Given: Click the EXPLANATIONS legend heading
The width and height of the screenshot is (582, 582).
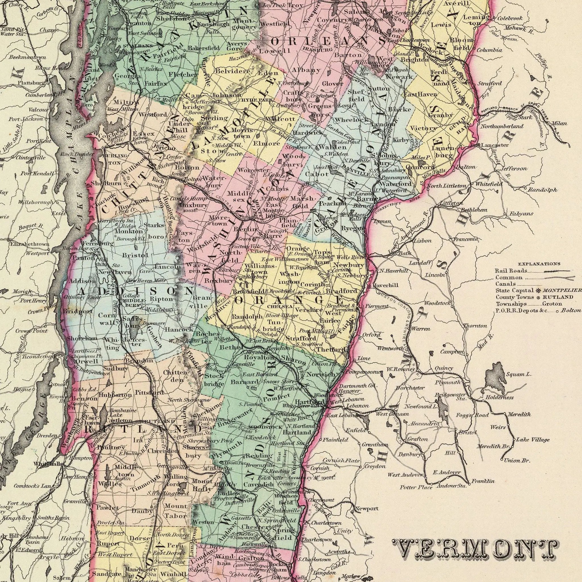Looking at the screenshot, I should [x=539, y=264].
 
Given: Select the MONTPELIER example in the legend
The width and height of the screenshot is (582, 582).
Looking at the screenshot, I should [x=562, y=290].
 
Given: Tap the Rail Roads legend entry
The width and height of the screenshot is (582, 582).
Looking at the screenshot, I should [x=507, y=271].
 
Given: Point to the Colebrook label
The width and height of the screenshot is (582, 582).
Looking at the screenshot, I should [x=510, y=18].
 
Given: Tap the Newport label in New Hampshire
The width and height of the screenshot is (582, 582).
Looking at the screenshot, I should [x=366, y=509].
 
